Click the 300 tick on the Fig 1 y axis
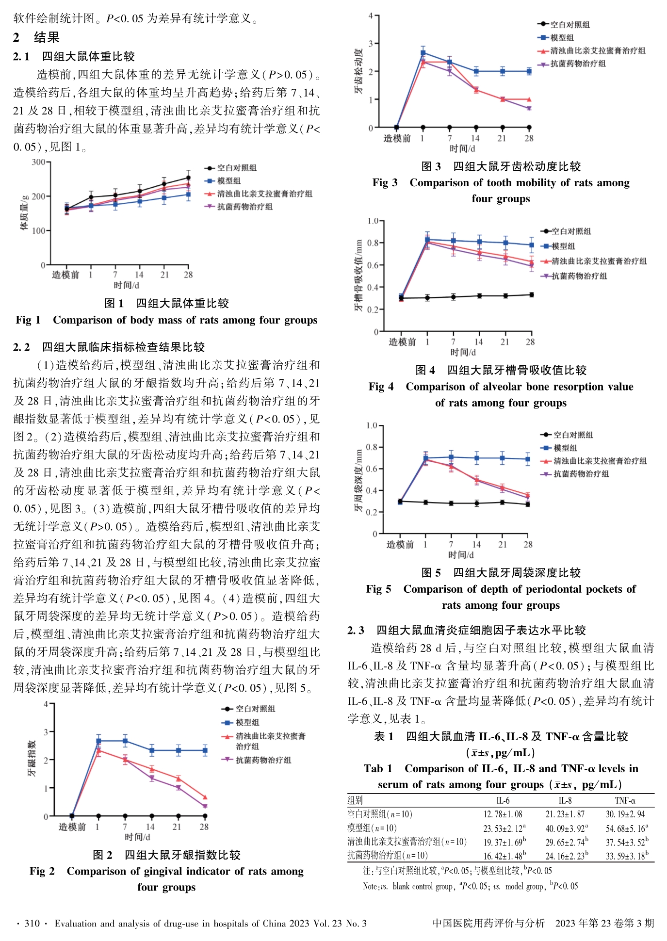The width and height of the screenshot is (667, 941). (x=38, y=162)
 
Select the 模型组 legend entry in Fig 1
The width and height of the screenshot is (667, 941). (x=223, y=181)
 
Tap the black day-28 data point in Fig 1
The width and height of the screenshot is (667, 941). (x=188, y=178)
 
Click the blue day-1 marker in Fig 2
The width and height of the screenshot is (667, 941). (x=98, y=741)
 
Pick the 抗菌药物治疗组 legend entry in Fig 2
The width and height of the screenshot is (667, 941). (x=257, y=760)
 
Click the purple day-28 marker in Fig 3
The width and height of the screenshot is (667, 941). (x=529, y=109)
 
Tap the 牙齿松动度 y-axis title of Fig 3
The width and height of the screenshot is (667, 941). (x=358, y=71)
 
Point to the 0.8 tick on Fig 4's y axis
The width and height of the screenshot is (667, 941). (x=373, y=243)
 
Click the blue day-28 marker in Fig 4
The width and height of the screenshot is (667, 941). (x=532, y=245)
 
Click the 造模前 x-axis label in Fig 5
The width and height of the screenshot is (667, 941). (x=400, y=545)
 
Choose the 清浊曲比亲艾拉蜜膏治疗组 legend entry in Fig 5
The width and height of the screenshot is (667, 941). (x=594, y=461)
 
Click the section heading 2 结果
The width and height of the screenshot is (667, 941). (x=36, y=37)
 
